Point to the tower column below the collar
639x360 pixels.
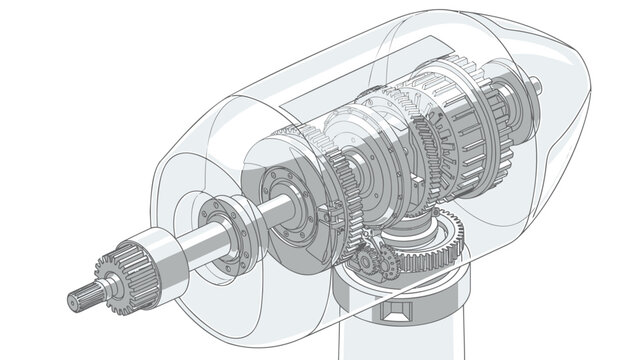400,345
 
